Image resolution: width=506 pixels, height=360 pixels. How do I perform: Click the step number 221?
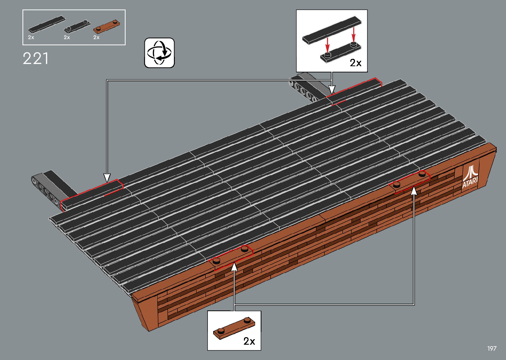(x=36, y=59)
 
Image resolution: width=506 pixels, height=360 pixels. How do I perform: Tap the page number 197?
(x=492, y=348)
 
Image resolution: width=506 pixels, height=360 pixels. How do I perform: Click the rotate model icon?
(x=159, y=53)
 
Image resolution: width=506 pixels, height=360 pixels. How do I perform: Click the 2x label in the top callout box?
(x=356, y=63)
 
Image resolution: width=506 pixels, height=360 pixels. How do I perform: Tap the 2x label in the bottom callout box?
(x=249, y=341)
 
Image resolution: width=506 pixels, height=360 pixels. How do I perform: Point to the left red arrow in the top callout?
(x=328, y=45)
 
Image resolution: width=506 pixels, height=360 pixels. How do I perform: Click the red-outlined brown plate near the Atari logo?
(x=410, y=181)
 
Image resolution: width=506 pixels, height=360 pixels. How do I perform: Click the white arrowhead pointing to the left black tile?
(x=107, y=178)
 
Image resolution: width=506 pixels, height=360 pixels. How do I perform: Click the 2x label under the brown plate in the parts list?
(x=97, y=38)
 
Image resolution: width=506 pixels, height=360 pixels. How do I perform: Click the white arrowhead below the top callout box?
(x=332, y=90)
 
